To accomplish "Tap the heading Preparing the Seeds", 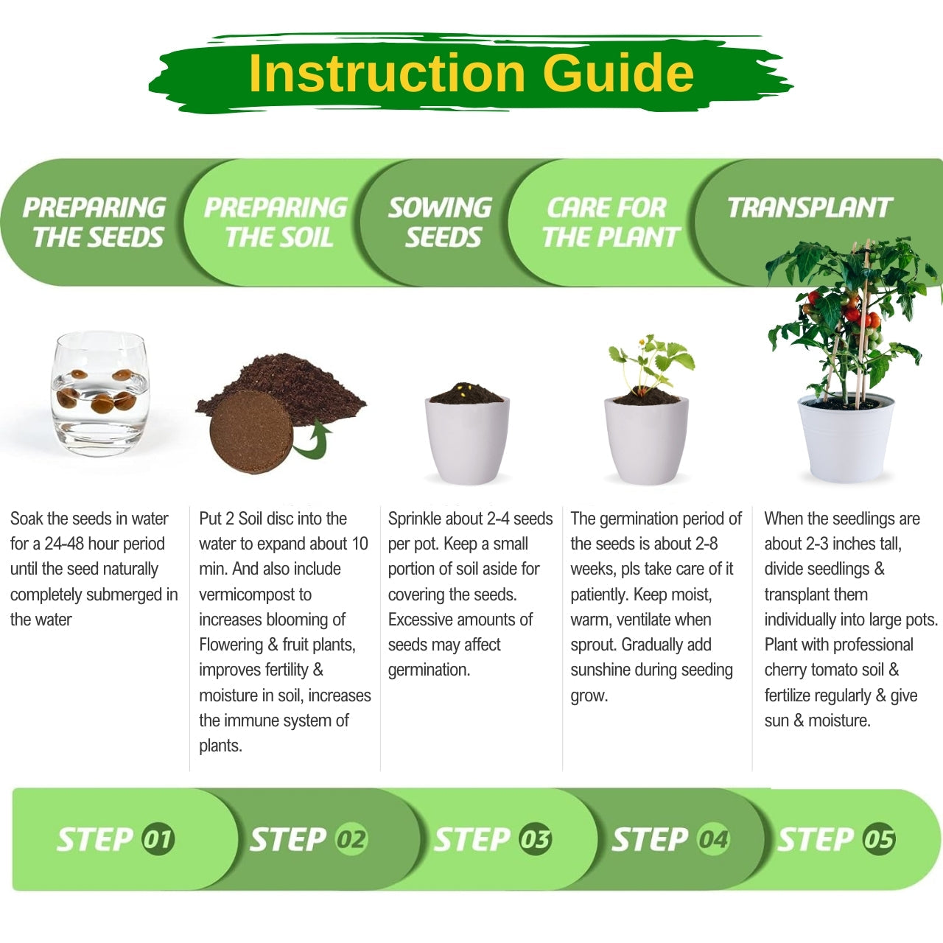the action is pyautogui.click(x=94, y=222).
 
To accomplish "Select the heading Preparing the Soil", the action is pyautogui.click(x=276, y=222).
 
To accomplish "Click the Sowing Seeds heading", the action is pyautogui.click(x=441, y=222).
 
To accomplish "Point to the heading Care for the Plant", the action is pyautogui.click(x=611, y=222).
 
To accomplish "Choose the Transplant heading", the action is pyautogui.click(x=810, y=208).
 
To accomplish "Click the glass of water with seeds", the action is pyautogui.click(x=100, y=393).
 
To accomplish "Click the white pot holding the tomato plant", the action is pyautogui.click(x=846, y=438).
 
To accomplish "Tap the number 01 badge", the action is pyautogui.click(x=158, y=839).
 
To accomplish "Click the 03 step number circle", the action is pyautogui.click(x=536, y=839).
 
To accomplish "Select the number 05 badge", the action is pyautogui.click(x=880, y=839).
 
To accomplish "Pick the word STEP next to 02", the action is pyautogui.click(x=288, y=839).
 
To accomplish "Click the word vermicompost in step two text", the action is pyautogui.click(x=255, y=595).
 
